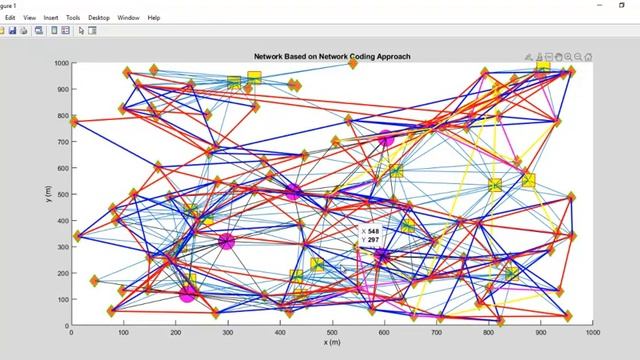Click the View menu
click(29, 17)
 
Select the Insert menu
click(51, 17)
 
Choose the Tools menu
click(74, 17)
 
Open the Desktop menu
click(99, 17)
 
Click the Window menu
click(128, 17)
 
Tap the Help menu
click(153, 17)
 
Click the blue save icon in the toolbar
click(13, 30)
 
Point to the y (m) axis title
click(47, 192)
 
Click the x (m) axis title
click(332, 342)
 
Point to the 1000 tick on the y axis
click(60, 63)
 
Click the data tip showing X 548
click(373, 236)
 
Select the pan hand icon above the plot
click(559, 57)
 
